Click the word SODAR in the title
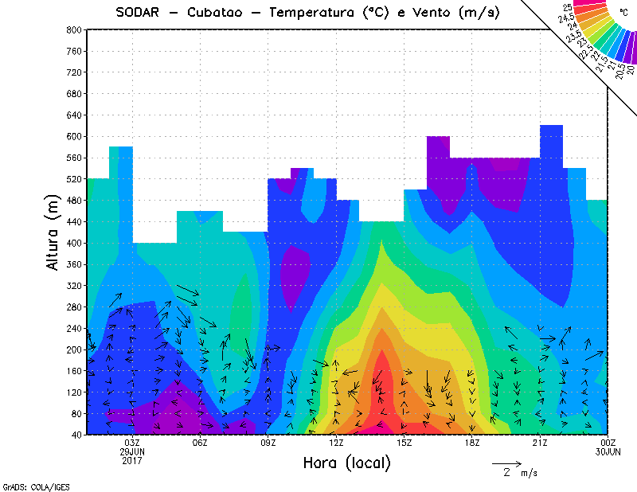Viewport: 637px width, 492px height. point(140,12)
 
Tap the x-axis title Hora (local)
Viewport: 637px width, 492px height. point(346,463)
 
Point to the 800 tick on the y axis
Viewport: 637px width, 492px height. point(73,29)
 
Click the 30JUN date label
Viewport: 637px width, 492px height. point(608,451)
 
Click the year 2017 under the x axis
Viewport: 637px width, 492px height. point(132,460)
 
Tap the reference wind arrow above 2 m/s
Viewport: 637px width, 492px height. point(506,463)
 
